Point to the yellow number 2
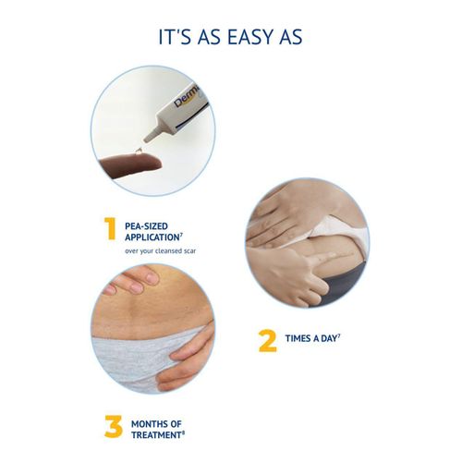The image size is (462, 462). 267,340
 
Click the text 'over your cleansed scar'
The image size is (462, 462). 160,250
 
